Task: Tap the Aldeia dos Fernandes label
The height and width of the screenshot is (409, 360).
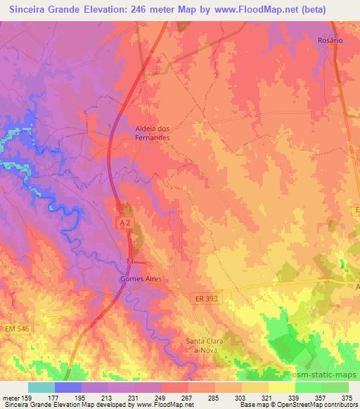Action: pyautogui.click(x=153, y=134)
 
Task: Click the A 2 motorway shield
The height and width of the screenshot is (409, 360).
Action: pyautogui.click(x=122, y=221)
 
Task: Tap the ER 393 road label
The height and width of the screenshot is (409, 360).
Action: pyautogui.click(x=205, y=299)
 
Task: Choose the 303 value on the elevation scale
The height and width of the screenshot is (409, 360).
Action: pyautogui.click(x=241, y=397)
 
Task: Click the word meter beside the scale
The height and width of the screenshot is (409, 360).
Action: pyautogui.click(x=10, y=397)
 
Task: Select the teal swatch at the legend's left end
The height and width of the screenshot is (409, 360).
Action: pyautogui.click(x=41, y=387)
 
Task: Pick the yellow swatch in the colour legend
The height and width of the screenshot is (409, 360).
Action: pyautogui.click(x=281, y=387)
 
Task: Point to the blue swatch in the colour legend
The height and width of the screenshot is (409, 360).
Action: pyautogui.click(x=68, y=387)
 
